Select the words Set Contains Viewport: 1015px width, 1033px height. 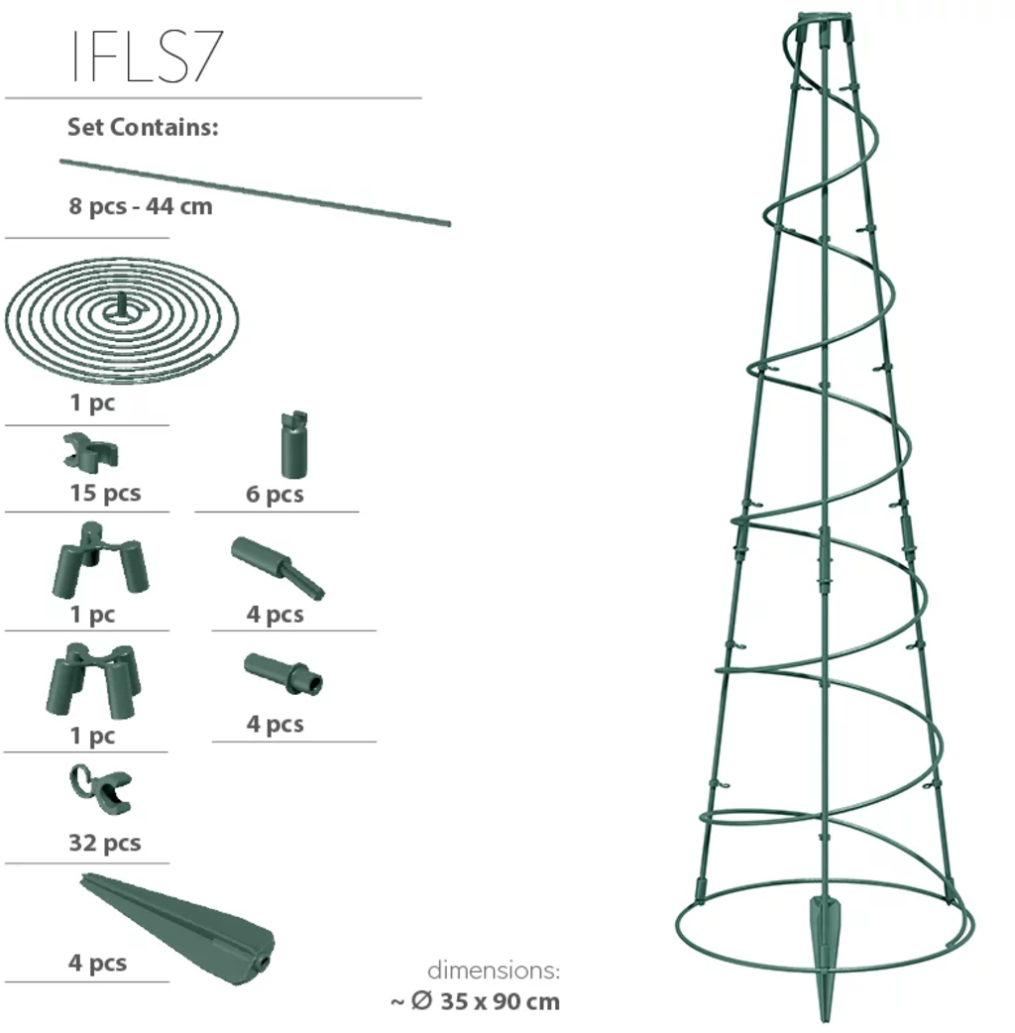pyautogui.click(x=143, y=127)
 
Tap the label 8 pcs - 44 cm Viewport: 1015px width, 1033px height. pyautogui.click(x=141, y=206)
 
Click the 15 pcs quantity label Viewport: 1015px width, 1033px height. pyautogui.click(x=105, y=493)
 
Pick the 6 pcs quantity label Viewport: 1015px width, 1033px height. pyautogui.click(x=275, y=494)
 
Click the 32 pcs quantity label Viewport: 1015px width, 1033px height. pyautogui.click(x=105, y=843)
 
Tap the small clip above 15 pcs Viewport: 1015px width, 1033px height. pyautogui.click(x=91, y=452)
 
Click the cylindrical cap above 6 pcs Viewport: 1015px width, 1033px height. pyautogui.click(x=293, y=445)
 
